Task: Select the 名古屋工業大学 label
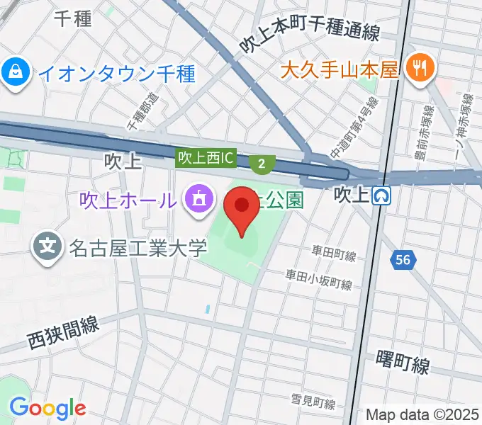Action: click(x=138, y=248)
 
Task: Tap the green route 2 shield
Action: click(x=262, y=164)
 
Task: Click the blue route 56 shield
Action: click(x=403, y=260)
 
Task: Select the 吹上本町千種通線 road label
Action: click(x=308, y=35)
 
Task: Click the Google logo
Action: click(x=47, y=408)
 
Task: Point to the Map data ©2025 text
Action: click(x=422, y=414)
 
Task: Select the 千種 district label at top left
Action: click(x=72, y=19)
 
